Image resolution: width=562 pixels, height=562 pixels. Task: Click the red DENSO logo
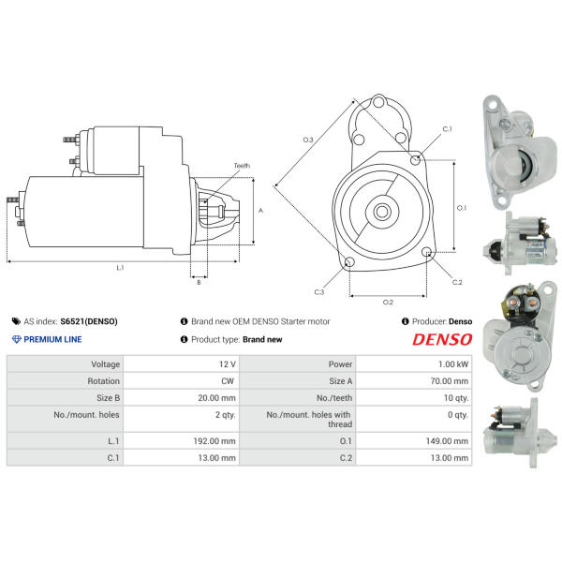(x=442, y=339)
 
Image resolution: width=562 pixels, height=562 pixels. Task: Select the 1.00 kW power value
(x=453, y=364)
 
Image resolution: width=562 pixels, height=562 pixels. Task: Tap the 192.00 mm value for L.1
(x=214, y=441)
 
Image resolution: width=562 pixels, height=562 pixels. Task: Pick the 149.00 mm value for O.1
(x=447, y=441)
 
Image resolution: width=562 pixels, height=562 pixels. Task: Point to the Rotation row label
(x=104, y=381)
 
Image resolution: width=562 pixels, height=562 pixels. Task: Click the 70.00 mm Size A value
(x=450, y=381)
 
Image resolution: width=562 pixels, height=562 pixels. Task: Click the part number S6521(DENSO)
(x=89, y=321)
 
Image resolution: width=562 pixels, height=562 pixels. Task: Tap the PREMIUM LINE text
(x=52, y=339)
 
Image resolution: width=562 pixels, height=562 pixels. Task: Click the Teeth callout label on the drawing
(x=242, y=166)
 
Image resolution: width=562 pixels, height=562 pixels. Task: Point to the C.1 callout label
(x=448, y=129)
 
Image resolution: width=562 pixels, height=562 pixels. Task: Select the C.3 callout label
(x=319, y=292)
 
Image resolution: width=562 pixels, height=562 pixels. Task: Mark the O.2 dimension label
(x=388, y=303)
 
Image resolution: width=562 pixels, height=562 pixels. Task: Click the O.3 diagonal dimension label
(x=308, y=140)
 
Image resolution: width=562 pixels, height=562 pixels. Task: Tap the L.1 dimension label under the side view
(x=120, y=267)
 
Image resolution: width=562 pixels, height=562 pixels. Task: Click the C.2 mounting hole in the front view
(x=426, y=252)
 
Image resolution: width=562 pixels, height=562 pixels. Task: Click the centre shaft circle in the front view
(x=382, y=212)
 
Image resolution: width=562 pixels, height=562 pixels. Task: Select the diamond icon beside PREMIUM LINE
(x=17, y=339)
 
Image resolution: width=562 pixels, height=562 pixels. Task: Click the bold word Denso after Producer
(x=460, y=321)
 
